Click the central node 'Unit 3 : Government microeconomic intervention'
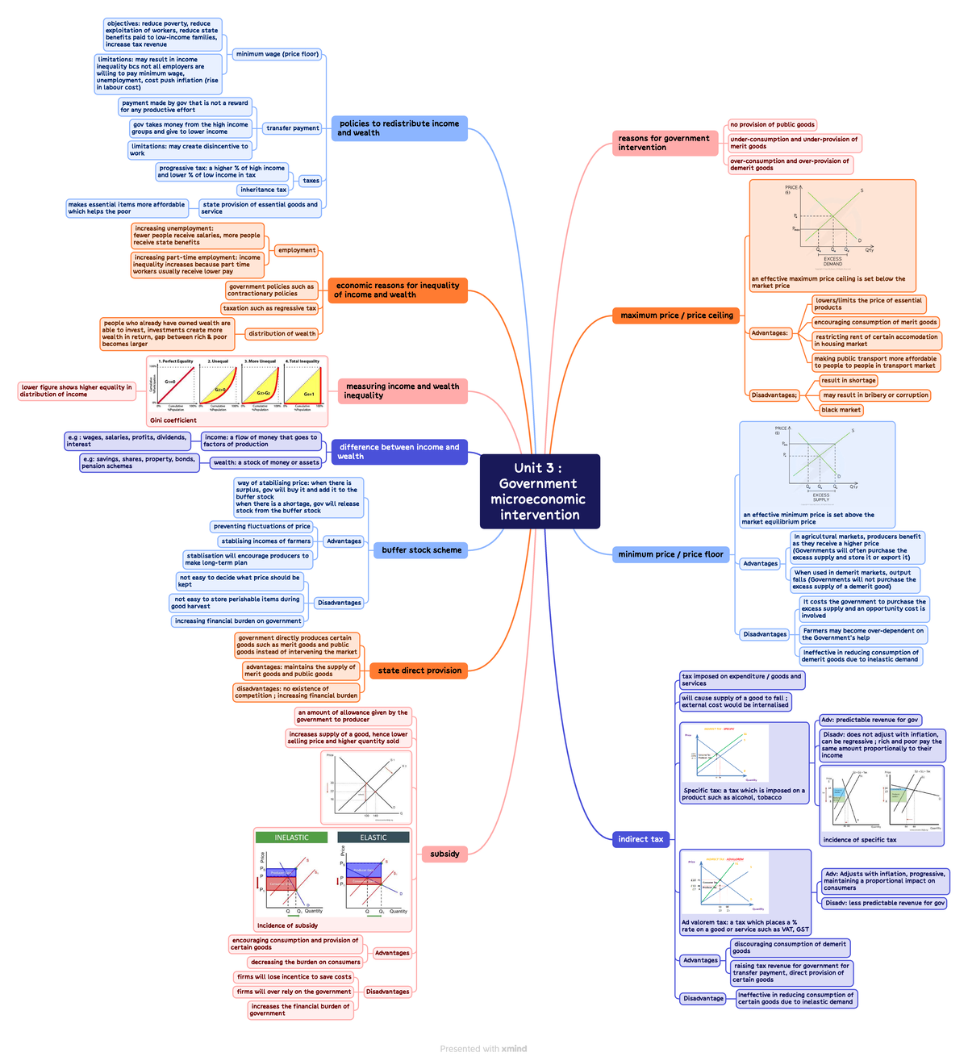coord(540,491)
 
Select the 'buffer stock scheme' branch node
coord(421,550)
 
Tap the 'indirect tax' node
coord(640,839)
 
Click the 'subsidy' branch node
coord(444,854)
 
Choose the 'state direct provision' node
coord(419,670)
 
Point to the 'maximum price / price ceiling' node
coord(676,315)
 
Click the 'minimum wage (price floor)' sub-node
coord(277,54)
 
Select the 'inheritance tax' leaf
coord(263,190)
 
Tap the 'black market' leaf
coord(841,410)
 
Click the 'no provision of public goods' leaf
coord(772,124)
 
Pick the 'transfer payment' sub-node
coord(292,128)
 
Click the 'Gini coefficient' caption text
coord(173,420)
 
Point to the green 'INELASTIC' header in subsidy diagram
coord(291,838)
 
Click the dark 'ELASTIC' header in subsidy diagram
coord(373,838)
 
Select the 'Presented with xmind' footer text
coord(483,1049)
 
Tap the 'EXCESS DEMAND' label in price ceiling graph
coord(832,261)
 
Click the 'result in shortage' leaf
coord(848,381)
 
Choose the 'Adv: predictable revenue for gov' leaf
coord(870,720)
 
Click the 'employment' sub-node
coord(296,250)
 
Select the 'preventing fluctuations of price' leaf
coord(261,526)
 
